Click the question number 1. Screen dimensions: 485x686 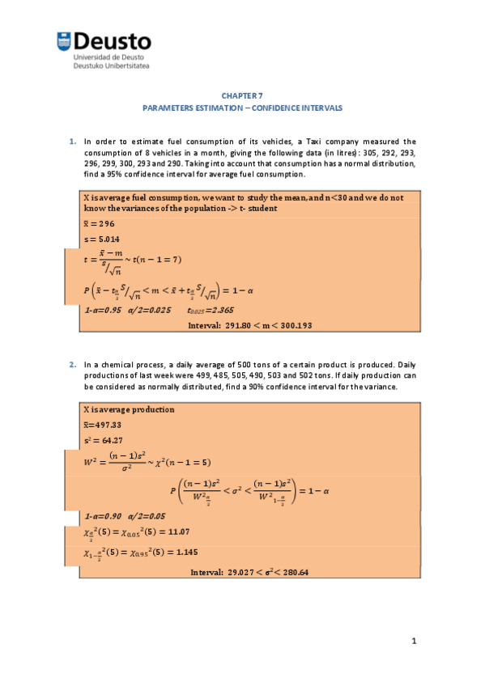click(72, 142)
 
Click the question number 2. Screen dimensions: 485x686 click(72, 365)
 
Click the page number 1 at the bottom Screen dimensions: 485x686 click(413, 642)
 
